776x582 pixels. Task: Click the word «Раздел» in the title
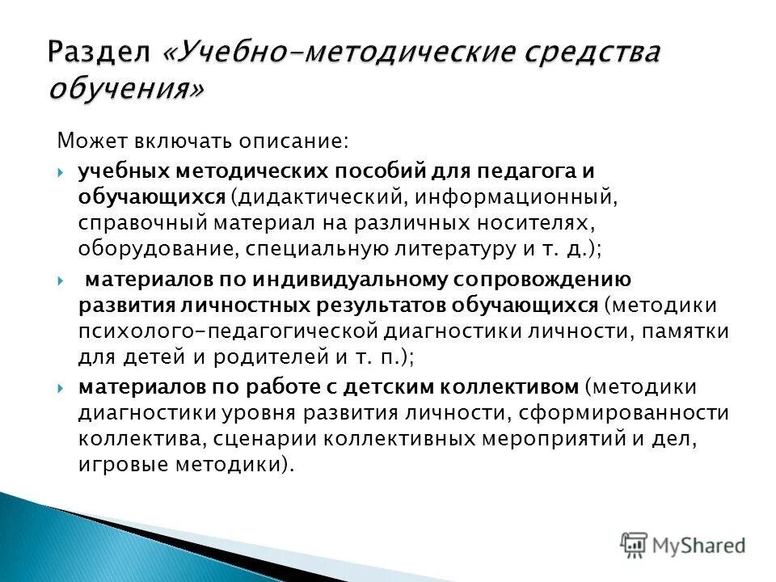point(98,55)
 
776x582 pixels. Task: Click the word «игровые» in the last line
point(117,464)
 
